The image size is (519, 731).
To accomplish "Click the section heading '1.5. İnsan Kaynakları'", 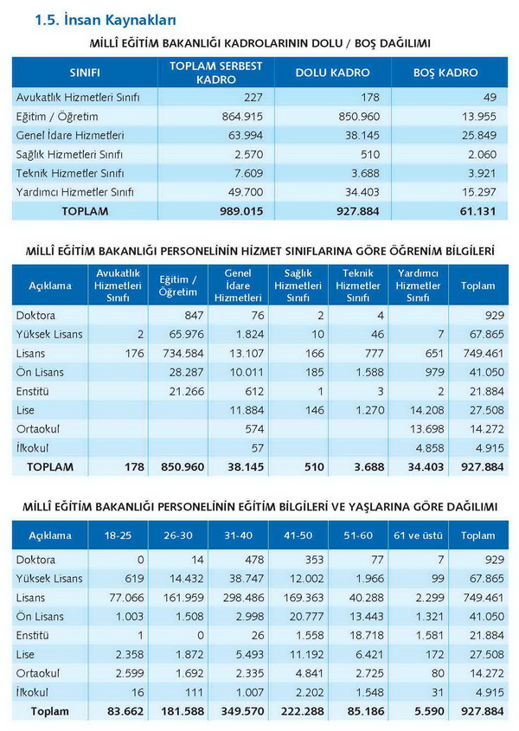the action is tap(106, 20).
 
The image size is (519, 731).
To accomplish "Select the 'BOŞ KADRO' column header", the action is tap(445, 73).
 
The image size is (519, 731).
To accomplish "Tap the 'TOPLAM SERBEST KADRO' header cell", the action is tap(216, 73).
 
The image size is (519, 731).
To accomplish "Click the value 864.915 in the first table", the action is tap(242, 117).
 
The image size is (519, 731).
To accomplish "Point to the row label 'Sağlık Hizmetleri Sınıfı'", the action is tap(69, 154).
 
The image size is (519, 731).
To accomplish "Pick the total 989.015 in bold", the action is tap(241, 211).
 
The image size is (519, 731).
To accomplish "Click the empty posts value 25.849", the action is tap(479, 136).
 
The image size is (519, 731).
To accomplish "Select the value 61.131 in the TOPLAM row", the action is tap(477, 211).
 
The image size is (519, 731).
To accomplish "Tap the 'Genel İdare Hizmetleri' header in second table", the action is tap(238, 285).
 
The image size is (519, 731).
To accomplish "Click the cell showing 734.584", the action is tap(183, 353).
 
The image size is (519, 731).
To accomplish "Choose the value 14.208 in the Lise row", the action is tap(427, 410).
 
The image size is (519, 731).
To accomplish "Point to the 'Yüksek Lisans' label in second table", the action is tap(49, 334).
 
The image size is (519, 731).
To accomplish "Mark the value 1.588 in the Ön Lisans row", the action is tap(368, 372).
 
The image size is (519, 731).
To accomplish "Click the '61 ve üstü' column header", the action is tap(418, 535).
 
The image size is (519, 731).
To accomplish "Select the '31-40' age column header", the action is tap(238, 535).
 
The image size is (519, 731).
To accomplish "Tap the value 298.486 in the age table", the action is tap(243, 598).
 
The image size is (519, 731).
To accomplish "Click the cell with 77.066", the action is tap(126, 598).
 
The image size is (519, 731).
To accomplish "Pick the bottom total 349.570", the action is tap(242, 711).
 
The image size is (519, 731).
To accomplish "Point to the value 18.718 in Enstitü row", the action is tap(367, 636).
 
